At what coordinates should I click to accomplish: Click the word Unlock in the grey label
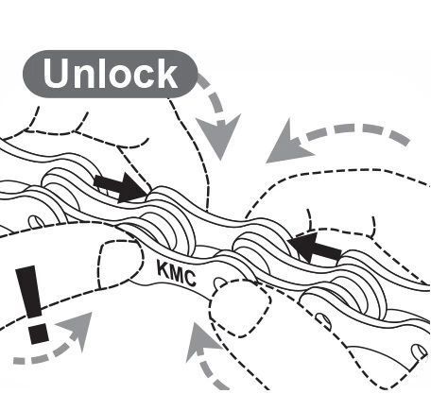click(x=111, y=74)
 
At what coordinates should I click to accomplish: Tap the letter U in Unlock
click(x=56, y=74)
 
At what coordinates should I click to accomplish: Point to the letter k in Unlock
click(x=167, y=73)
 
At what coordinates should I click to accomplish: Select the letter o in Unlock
click(x=121, y=77)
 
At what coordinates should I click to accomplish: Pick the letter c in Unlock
click(x=145, y=77)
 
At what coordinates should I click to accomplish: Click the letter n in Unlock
click(x=84, y=77)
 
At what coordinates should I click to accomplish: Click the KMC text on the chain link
click(x=177, y=274)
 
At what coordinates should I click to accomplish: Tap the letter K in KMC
click(x=164, y=269)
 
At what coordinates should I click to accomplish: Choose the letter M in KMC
click(x=177, y=274)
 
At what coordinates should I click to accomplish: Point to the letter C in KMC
click(x=190, y=279)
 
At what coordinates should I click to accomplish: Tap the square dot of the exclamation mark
click(x=38, y=334)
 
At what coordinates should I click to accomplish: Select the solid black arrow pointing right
click(x=120, y=187)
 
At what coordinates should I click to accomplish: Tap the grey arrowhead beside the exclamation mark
click(x=78, y=329)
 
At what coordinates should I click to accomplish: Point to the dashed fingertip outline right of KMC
click(x=241, y=307)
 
